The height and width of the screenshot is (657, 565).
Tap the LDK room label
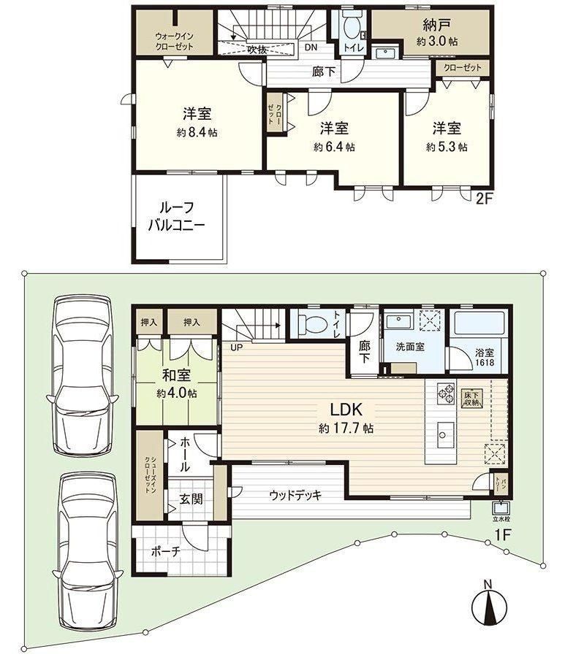point(346,408)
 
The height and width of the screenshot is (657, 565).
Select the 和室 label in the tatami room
point(177,375)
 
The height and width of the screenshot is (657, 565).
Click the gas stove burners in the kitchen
point(446,393)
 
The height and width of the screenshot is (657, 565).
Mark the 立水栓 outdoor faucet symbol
point(501,508)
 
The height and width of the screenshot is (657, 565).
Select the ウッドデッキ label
point(295,495)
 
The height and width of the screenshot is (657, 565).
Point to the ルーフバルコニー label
point(177,217)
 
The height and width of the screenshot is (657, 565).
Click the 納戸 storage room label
point(437,25)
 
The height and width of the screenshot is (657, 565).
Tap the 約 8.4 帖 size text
point(197,133)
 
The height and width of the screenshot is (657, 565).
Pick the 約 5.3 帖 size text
point(447,147)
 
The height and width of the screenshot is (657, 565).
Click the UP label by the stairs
point(236,347)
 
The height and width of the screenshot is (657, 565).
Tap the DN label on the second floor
point(311,47)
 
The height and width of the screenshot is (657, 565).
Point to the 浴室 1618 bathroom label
point(484,358)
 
